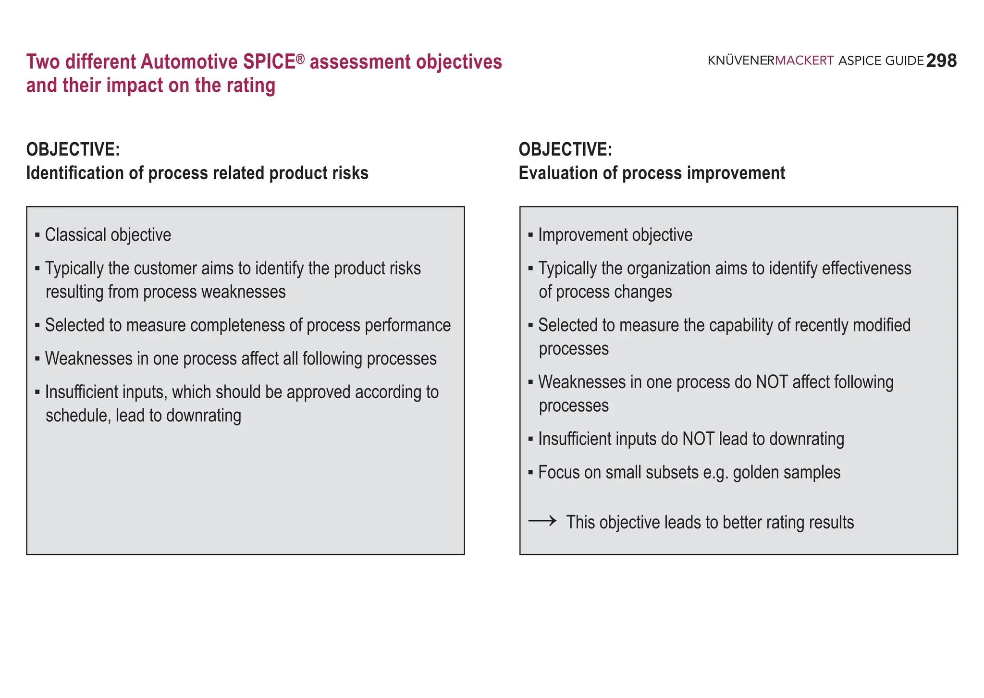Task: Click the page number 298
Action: [941, 61]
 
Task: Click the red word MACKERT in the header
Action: [804, 61]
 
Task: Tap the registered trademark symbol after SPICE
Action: [300, 59]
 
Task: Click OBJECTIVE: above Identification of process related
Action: [73, 149]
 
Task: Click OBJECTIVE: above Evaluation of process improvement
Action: [566, 149]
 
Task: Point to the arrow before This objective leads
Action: [542, 521]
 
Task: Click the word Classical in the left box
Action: [75, 235]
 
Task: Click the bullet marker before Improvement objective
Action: [530, 235]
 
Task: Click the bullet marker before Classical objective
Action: [37, 235]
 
